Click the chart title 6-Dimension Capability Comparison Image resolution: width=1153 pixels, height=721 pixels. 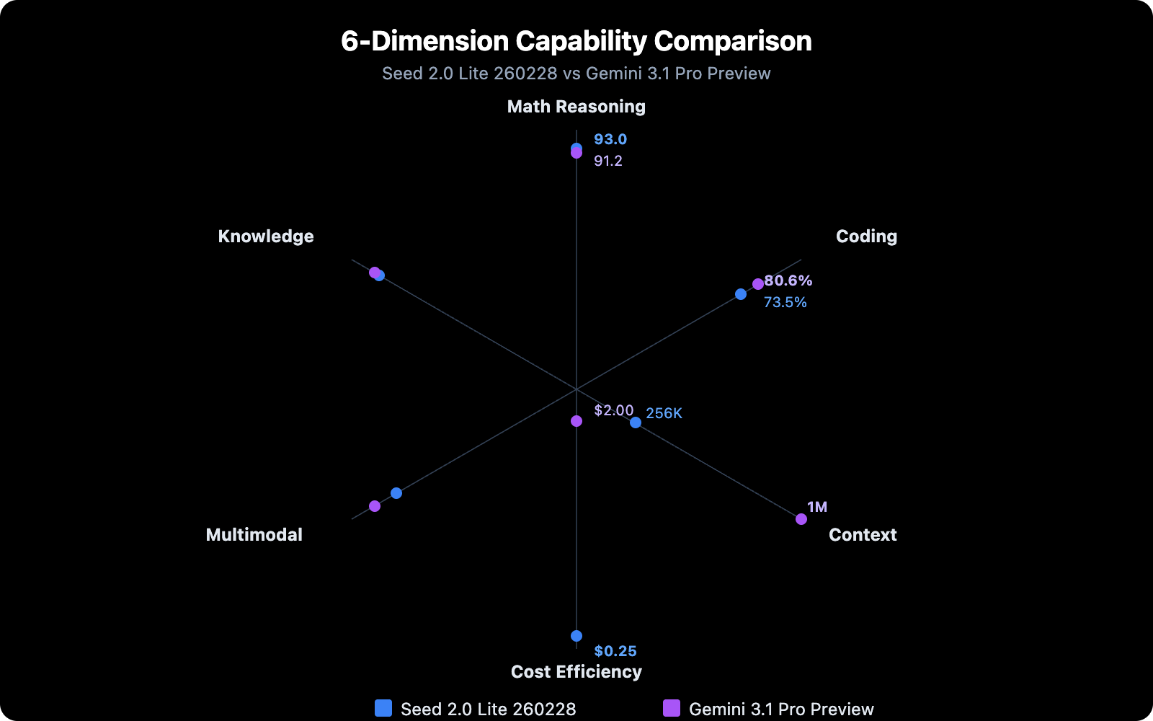[x=576, y=41]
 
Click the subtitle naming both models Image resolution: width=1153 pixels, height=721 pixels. [x=576, y=74]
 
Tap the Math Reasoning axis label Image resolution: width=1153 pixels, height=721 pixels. [x=576, y=107]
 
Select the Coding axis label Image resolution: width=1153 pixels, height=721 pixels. [x=866, y=236]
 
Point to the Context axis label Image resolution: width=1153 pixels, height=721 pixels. [x=863, y=535]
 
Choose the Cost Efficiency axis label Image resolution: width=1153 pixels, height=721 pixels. [x=576, y=672]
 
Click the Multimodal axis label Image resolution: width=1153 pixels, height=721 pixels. [x=254, y=535]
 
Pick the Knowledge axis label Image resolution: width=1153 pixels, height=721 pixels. [x=266, y=236]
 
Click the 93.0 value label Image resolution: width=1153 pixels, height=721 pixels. [x=610, y=139]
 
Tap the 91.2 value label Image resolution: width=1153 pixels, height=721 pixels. [x=608, y=161]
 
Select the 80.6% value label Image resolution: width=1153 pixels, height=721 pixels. [x=788, y=280]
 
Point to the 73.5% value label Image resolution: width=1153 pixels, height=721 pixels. [x=785, y=302]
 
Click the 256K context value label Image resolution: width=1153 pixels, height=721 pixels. [x=664, y=413]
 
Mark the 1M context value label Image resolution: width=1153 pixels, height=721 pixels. [x=817, y=507]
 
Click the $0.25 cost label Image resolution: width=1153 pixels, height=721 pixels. [x=615, y=651]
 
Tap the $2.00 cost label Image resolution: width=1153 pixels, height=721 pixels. [x=614, y=410]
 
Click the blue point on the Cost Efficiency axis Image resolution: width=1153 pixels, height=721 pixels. [x=576, y=636]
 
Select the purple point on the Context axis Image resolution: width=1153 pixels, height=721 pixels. [x=801, y=519]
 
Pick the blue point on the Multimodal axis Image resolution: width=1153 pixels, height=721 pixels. [x=396, y=493]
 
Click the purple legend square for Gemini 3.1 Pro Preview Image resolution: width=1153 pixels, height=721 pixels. [x=672, y=708]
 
